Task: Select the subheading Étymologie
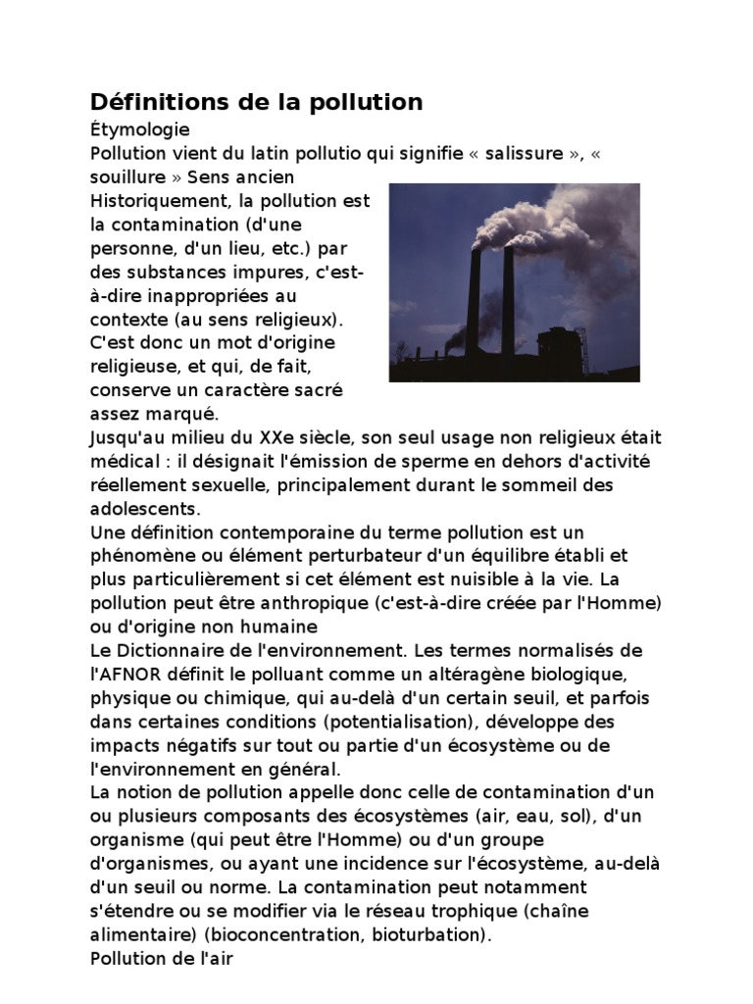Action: [x=139, y=128]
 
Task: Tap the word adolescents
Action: [x=145, y=509]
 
